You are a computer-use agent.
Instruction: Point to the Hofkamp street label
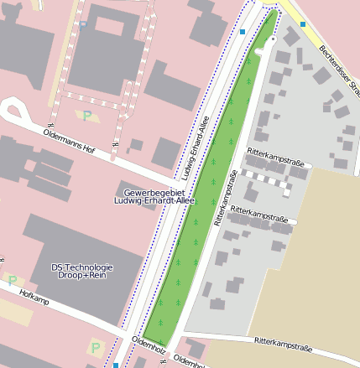(x=30, y=295)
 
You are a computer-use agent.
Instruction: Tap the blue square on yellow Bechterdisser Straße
(x=303, y=24)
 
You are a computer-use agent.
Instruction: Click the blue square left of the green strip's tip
(x=242, y=32)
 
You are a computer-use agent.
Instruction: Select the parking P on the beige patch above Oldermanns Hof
(x=86, y=115)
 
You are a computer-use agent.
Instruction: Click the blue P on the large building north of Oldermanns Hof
(x=83, y=24)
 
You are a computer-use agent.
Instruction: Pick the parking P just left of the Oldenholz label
(x=95, y=346)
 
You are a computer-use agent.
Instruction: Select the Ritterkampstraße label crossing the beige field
(x=283, y=343)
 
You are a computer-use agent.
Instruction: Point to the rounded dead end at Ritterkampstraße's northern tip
(x=260, y=52)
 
